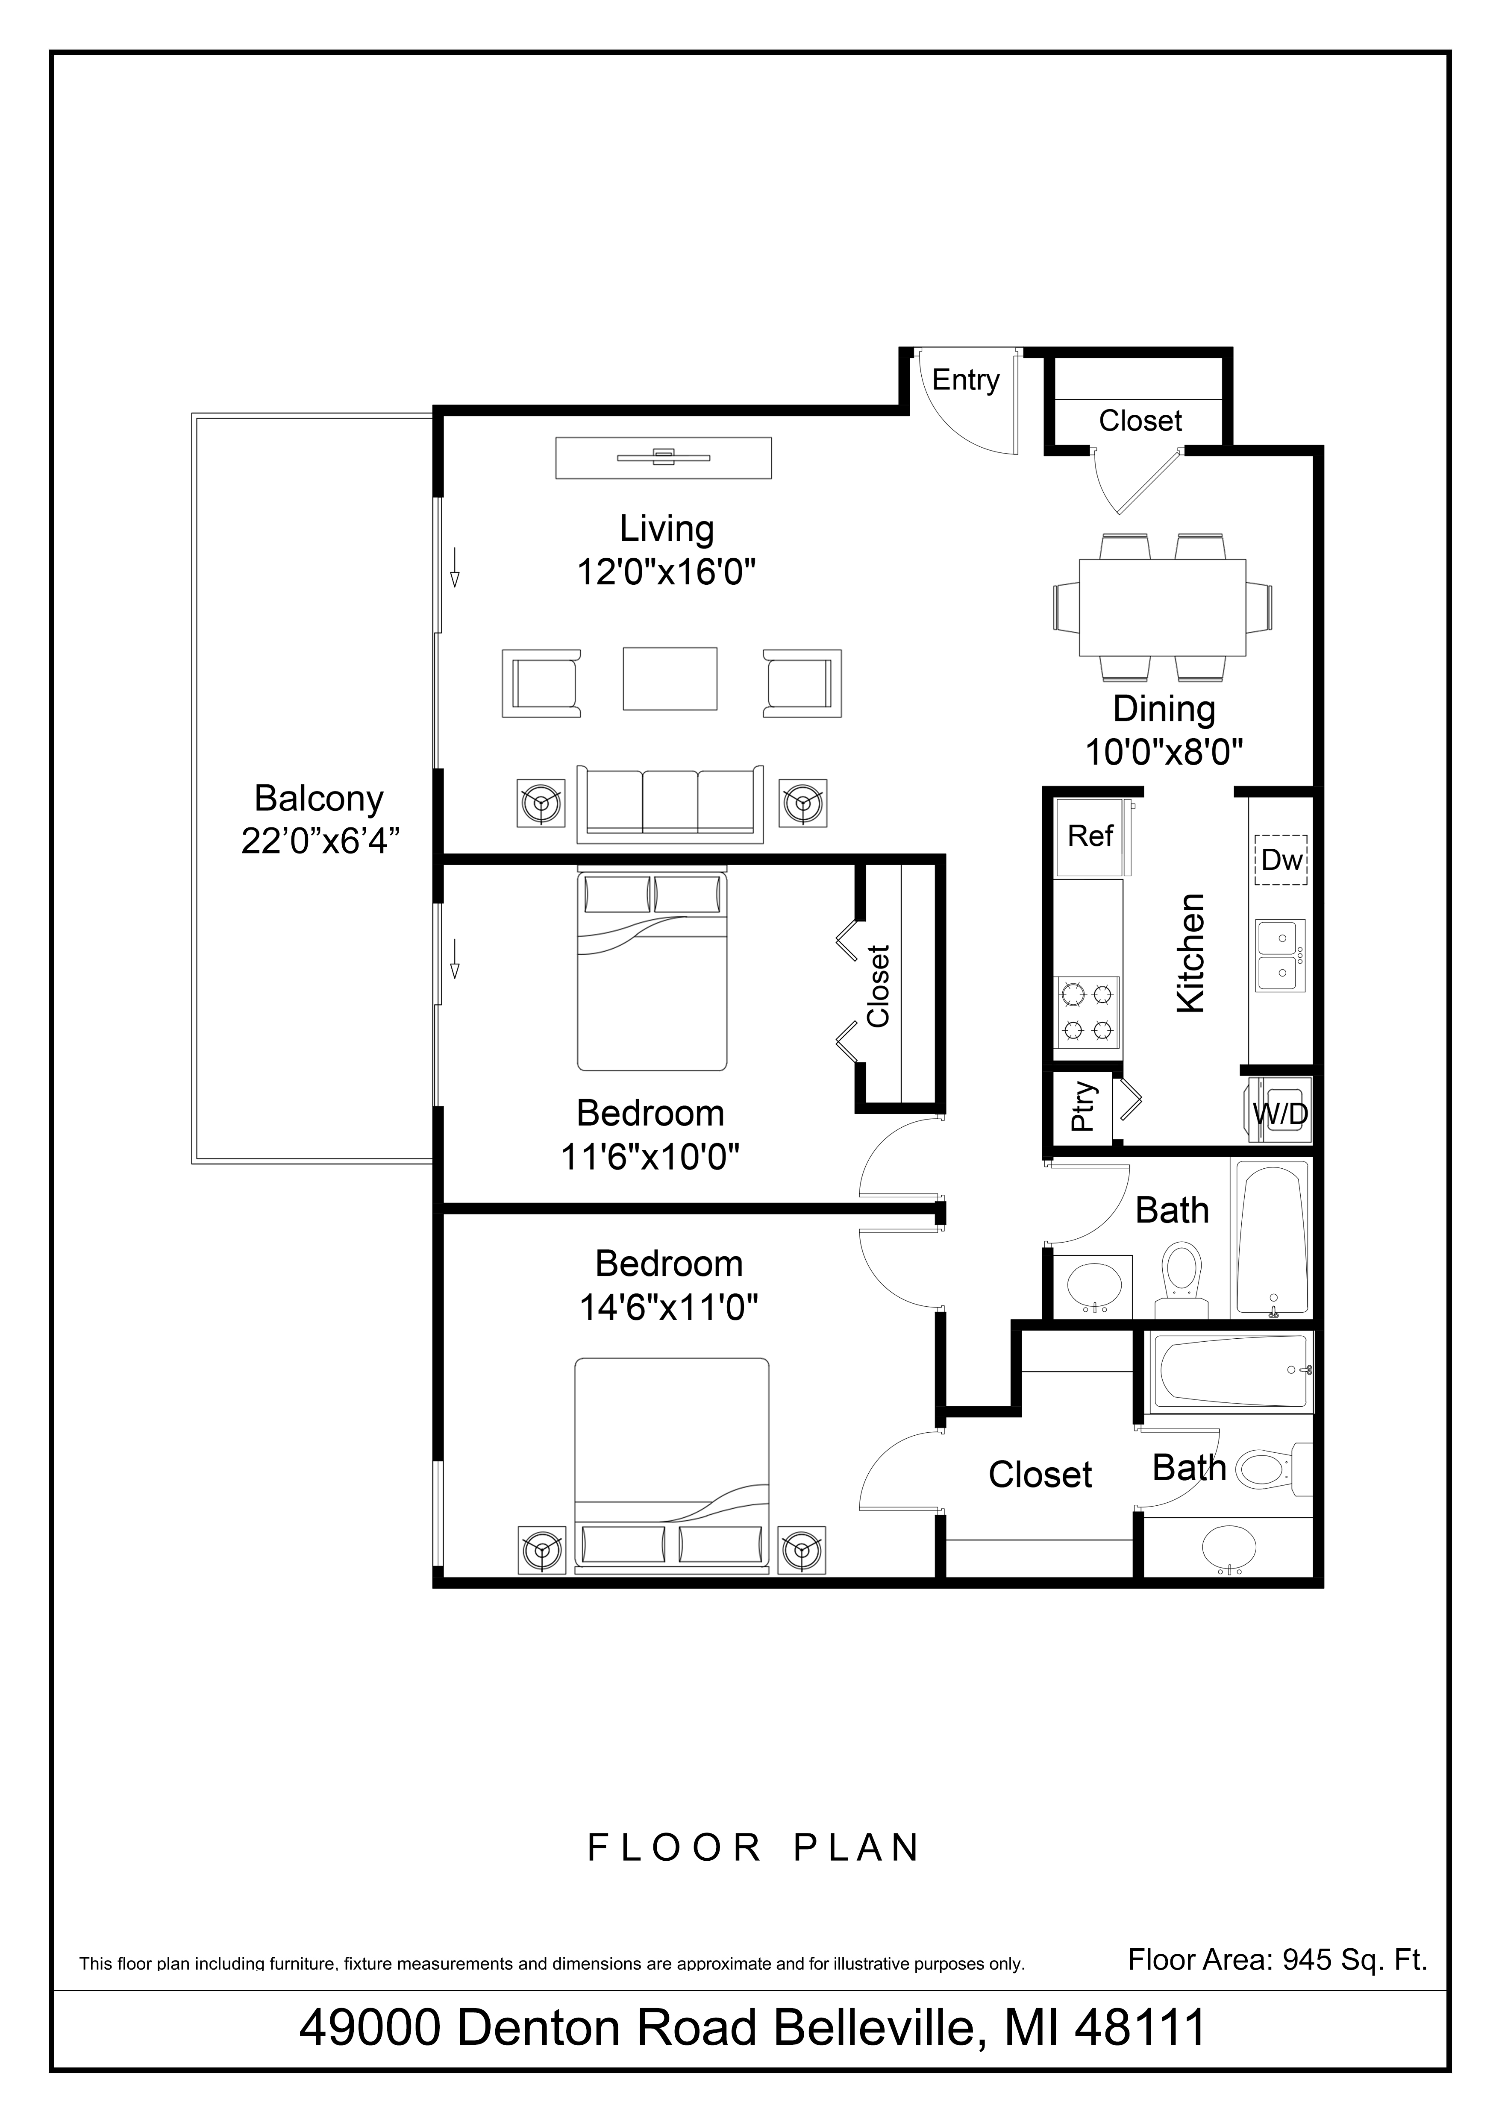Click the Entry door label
965,379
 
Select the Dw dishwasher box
1281,859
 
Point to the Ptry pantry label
1082,1106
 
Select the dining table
1162,607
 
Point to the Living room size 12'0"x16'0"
666,572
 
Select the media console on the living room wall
663,457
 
